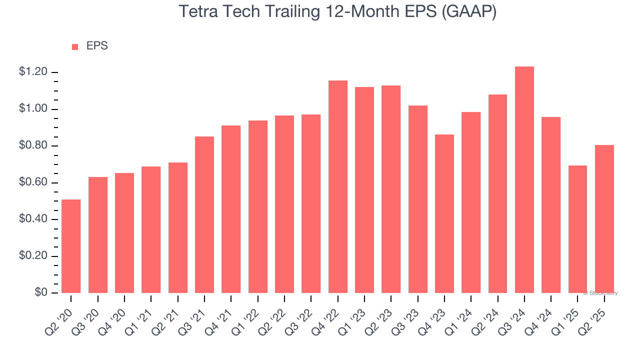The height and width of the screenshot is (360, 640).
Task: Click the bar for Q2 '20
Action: coord(71,246)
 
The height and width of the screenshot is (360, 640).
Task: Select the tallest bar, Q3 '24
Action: coord(524,179)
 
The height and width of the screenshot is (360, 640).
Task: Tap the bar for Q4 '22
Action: coord(338,186)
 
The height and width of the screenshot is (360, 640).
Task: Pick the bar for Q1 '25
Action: coord(577,229)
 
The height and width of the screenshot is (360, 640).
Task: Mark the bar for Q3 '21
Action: coord(204,214)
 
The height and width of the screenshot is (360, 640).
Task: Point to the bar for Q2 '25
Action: coord(604,219)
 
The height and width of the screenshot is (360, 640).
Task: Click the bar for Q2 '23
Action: coord(391,189)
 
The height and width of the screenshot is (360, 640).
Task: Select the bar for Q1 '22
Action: coord(258,206)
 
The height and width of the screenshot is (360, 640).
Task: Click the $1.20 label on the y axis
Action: coord(33,72)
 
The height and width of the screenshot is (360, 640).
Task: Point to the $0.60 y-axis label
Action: coord(33,183)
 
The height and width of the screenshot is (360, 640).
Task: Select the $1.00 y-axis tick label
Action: coord(33,109)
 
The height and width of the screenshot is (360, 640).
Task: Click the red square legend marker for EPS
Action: coord(75,47)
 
